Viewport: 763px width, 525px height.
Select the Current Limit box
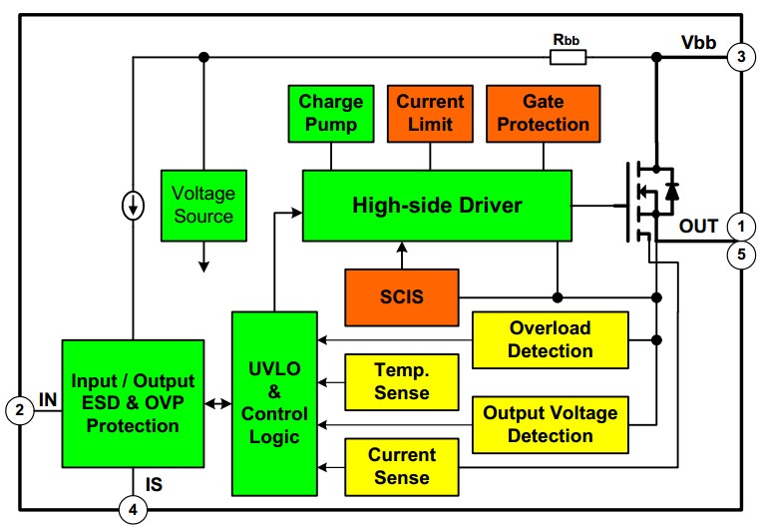point(431,113)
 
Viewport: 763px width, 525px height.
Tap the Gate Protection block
point(543,113)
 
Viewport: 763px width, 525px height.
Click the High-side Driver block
point(437,206)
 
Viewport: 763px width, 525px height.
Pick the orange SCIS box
point(402,296)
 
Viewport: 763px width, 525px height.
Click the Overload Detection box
point(550,339)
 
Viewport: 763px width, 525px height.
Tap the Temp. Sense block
point(402,381)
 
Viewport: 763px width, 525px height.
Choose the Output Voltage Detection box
point(550,424)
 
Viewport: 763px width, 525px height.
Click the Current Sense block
point(402,466)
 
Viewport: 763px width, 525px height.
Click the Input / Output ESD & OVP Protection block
point(133,403)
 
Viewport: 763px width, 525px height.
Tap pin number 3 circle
point(739,57)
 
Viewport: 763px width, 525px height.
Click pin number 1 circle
point(739,226)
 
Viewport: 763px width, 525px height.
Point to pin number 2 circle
point(17,408)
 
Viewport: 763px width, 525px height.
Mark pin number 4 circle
point(133,510)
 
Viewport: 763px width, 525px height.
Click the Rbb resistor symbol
point(569,57)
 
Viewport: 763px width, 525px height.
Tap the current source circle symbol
point(133,207)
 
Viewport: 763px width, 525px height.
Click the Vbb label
point(697,43)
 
